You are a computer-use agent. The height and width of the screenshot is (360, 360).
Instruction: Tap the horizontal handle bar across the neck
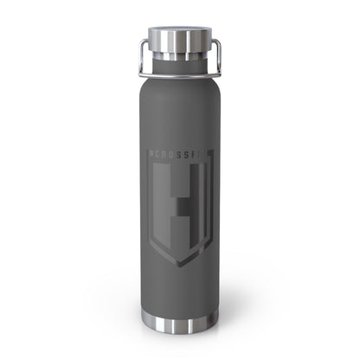[181, 63]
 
